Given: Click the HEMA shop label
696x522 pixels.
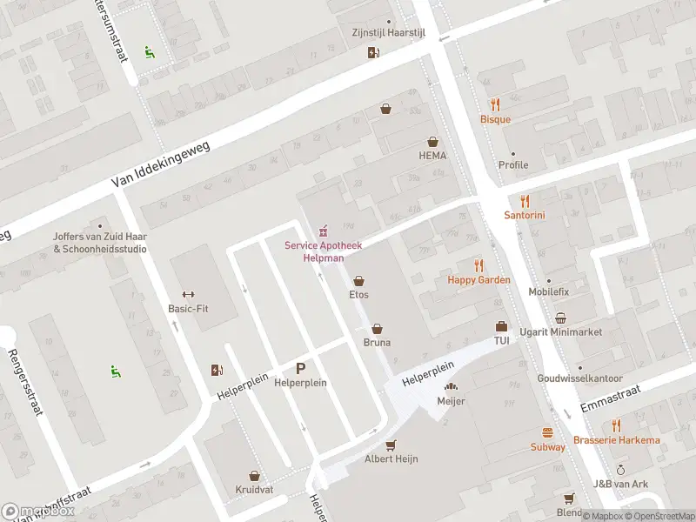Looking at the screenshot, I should click(x=432, y=156).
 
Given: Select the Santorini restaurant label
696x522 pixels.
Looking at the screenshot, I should click(x=525, y=215).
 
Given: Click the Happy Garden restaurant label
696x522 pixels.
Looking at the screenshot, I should click(x=478, y=280).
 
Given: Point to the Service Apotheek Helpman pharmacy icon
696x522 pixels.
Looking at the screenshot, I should click(x=324, y=231).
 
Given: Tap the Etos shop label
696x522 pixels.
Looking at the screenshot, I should click(x=358, y=295).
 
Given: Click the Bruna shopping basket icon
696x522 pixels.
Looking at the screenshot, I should click(x=377, y=329).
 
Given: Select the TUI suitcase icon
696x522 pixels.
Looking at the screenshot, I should click(x=501, y=326).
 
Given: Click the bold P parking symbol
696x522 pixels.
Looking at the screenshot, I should click(x=301, y=369).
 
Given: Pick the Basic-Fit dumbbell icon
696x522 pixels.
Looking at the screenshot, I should click(x=186, y=294).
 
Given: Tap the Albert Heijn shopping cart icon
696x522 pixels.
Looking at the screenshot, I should click(x=391, y=445).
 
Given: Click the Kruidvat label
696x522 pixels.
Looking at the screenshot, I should click(x=254, y=490).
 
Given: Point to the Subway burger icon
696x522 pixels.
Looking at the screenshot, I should click(x=548, y=432).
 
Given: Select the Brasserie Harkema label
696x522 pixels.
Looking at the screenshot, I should click(x=616, y=440).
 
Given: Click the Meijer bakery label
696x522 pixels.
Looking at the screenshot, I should click(x=451, y=401).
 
